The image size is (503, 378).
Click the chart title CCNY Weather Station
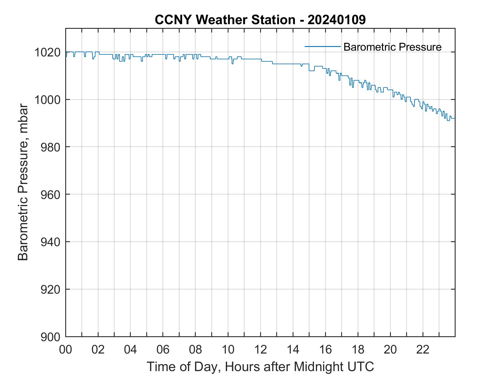coord(260,20)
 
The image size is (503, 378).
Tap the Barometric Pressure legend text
coord(392,47)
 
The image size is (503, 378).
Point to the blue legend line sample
coord(323,46)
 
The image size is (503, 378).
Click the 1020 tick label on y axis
coord(47,52)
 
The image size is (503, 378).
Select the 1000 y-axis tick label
coord(47,100)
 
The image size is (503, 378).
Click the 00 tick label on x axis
coord(66,349)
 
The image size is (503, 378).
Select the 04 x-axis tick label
coord(130,349)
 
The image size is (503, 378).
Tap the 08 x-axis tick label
coord(195,349)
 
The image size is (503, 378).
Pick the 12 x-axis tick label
coord(260,349)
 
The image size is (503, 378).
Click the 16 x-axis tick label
coord(325,349)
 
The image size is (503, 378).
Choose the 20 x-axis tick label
coord(390,349)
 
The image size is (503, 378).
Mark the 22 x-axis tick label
coord(423,349)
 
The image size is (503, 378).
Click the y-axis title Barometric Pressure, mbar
coord(23,183)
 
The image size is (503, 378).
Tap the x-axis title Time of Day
coord(260,366)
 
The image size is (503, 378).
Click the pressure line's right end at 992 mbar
coord(454,118)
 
